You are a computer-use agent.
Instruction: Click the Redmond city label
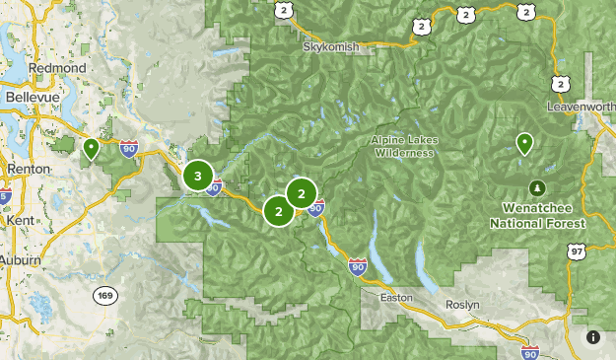point(58,67)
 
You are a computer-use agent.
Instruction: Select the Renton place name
point(29,169)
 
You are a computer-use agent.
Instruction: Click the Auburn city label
point(21,260)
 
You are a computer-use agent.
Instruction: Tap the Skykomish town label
point(330,46)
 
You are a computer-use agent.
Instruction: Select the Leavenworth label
point(582,106)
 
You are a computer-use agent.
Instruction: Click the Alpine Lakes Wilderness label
point(402,147)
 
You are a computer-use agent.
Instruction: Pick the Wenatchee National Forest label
point(537,216)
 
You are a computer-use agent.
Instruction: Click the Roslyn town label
point(462,305)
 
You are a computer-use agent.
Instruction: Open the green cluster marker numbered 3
point(198,177)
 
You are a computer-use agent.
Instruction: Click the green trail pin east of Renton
point(91,149)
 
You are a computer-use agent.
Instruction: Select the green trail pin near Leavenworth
point(525,144)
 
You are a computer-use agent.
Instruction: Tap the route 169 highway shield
point(105,295)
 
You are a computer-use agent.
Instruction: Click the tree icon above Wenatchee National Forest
point(536,186)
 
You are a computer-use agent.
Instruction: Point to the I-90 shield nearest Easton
point(358,266)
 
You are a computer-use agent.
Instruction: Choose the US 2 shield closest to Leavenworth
point(560,85)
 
